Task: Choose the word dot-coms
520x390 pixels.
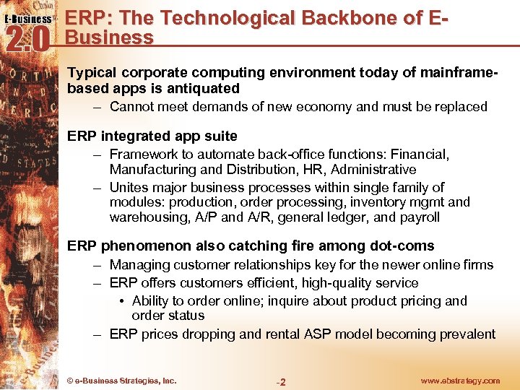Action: pos(403,246)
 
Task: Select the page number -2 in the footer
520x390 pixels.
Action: pos(281,381)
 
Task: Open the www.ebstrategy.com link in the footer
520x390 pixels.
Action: pos(459,381)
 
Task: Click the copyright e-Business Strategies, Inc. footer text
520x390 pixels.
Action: pos(121,381)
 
